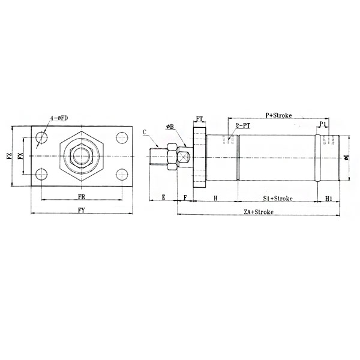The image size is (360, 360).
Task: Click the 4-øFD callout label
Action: click(59, 118)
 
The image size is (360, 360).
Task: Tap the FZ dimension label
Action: click(9, 157)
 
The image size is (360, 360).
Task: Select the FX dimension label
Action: click(20, 157)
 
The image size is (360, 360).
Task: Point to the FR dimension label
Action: click(82, 197)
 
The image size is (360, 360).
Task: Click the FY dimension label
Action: click(82, 210)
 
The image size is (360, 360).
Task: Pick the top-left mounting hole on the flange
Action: click(41, 137)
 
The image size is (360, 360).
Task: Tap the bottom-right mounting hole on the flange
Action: click(122, 175)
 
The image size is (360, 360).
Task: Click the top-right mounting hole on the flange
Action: click(122, 137)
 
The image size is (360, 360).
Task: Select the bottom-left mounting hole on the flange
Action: click(41, 175)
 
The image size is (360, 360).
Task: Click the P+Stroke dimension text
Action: click(278, 115)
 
